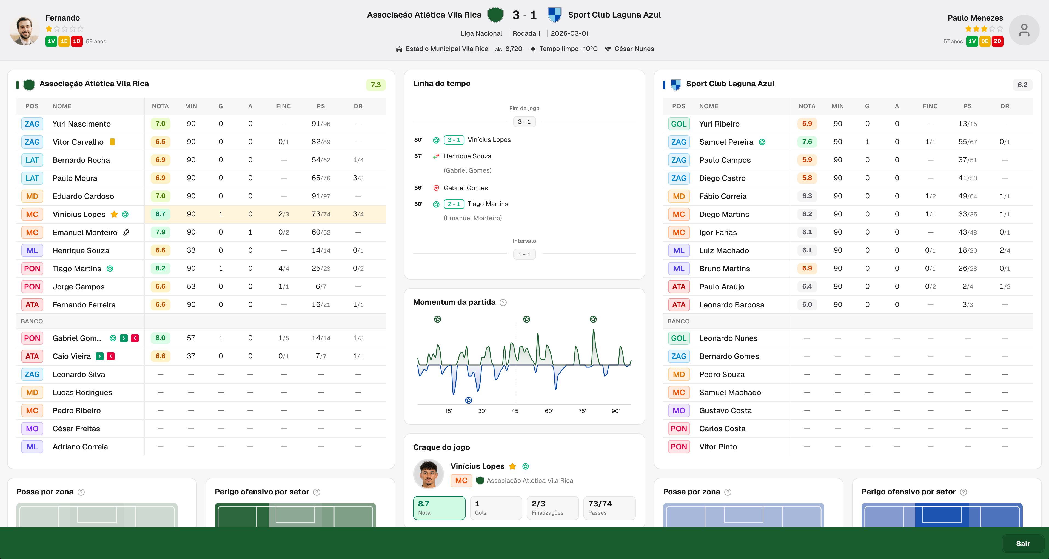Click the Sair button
point(1022,544)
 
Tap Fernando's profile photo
point(24,30)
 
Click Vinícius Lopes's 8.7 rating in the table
point(160,214)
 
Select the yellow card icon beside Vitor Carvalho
point(112,142)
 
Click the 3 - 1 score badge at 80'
point(454,140)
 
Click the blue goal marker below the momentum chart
point(469,400)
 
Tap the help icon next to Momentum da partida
point(503,303)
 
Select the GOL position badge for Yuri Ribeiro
point(679,124)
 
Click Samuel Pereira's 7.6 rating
point(807,142)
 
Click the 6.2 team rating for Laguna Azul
point(1022,85)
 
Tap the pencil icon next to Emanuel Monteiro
point(126,232)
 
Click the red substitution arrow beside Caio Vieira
point(111,356)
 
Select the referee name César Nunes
point(634,49)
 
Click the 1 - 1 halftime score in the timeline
point(524,255)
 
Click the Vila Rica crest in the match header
point(495,15)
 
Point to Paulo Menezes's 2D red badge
point(997,41)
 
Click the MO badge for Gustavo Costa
point(679,410)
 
